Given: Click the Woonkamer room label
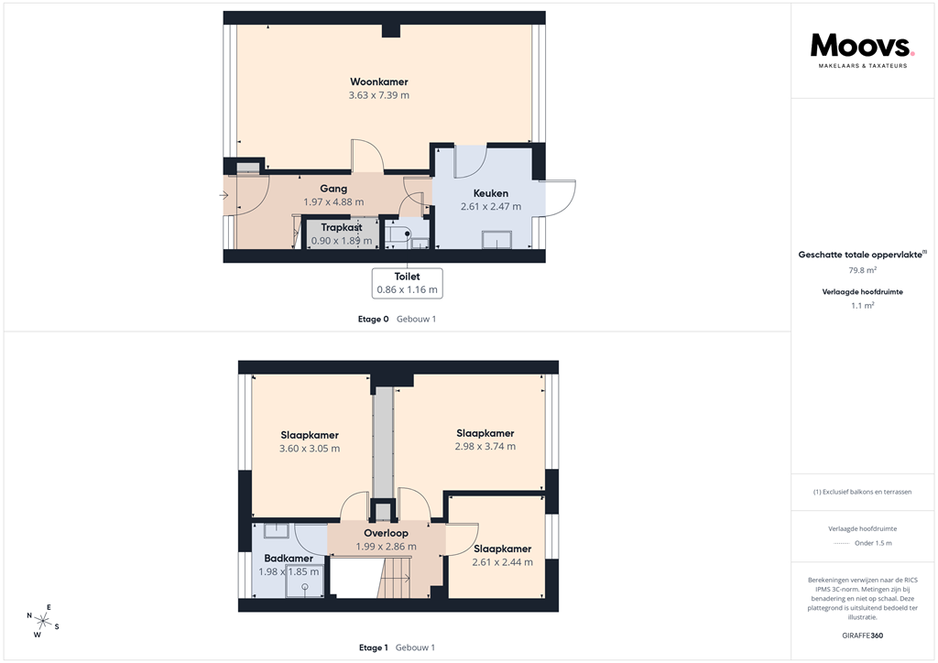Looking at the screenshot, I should click(x=378, y=82).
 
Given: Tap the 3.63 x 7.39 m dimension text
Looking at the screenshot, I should click(x=378, y=95).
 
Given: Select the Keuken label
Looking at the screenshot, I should click(x=490, y=193).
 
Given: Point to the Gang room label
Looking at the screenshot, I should click(x=333, y=189).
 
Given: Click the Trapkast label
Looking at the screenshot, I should click(x=342, y=227).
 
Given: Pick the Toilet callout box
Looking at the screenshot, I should click(x=407, y=282).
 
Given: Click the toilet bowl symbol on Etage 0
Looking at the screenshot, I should click(x=401, y=234).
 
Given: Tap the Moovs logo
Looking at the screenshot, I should click(x=861, y=47).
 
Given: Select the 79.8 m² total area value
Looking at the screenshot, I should click(x=862, y=271).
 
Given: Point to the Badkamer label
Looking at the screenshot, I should click(x=289, y=559).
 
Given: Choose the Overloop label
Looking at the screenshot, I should click(x=386, y=533).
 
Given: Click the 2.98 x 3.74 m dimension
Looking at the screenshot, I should click(x=485, y=447).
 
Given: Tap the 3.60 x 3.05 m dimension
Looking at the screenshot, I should click(x=309, y=449).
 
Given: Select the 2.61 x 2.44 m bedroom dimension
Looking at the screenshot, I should click(x=502, y=562).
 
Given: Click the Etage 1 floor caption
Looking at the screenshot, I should click(x=374, y=647).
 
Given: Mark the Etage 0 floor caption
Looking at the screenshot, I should click(x=374, y=319).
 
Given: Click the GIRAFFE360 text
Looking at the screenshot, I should click(x=862, y=636).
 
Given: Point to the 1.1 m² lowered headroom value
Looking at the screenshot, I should click(x=862, y=307).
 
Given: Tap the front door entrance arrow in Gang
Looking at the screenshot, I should click(x=224, y=195).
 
